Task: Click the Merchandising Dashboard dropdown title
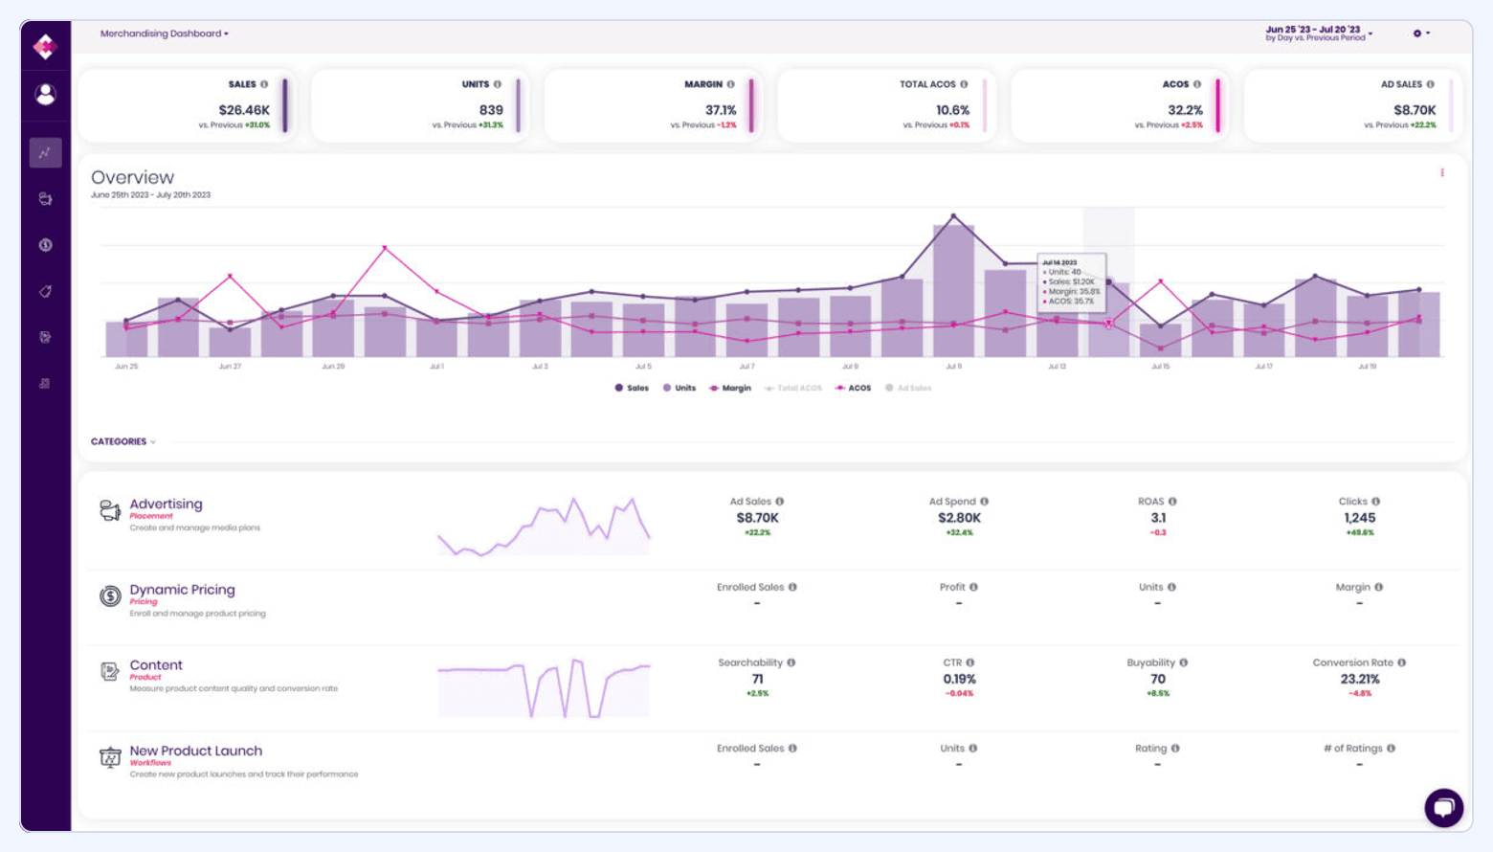tap(164, 34)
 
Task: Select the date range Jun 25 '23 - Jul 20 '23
tap(1312, 30)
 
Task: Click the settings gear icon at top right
tap(1417, 34)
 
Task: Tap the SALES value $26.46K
tap(244, 110)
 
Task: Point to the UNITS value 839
tap(491, 110)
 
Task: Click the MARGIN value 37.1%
tap(721, 110)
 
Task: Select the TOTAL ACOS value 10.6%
tap(952, 110)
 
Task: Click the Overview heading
tap(132, 177)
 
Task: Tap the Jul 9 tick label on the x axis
tap(953, 367)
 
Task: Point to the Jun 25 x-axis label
tap(126, 367)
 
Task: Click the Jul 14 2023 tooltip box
tap(1071, 281)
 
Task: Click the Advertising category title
tap(166, 504)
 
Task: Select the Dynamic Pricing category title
tap(182, 590)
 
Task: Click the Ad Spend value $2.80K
tap(959, 518)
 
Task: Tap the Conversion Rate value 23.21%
tap(1359, 679)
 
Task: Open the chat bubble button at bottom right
tap(1443, 807)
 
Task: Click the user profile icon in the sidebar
tap(45, 94)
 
